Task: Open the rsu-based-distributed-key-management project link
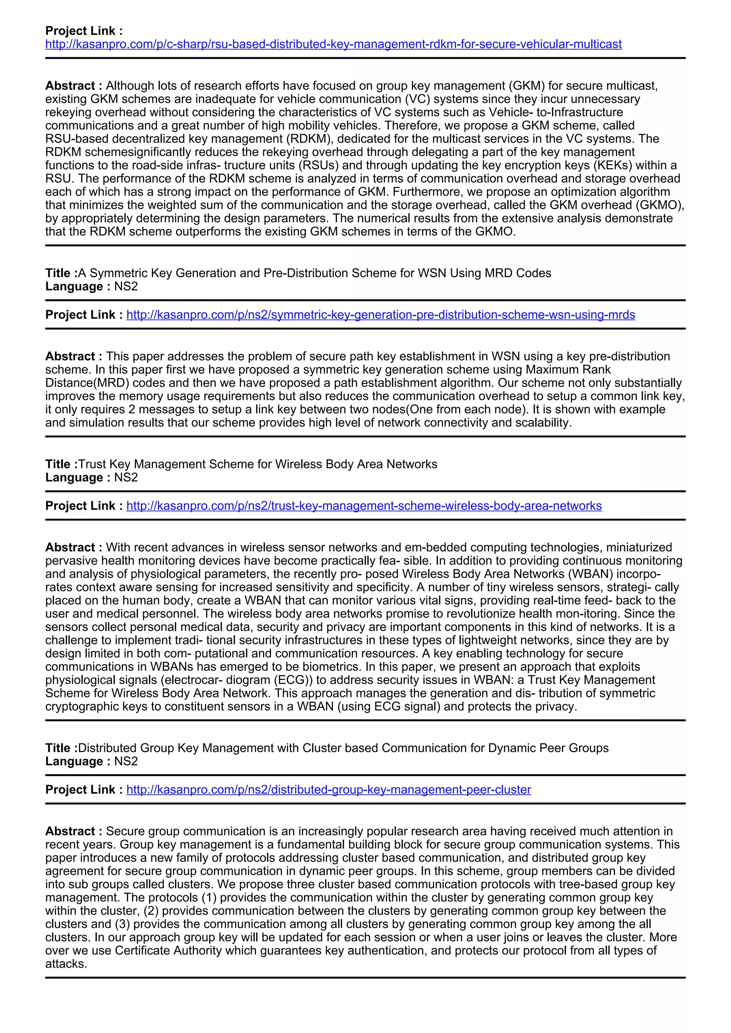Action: point(333,44)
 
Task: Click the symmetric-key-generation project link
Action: point(380,315)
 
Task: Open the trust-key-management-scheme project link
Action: point(364,506)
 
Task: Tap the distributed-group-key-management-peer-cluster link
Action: point(329,790)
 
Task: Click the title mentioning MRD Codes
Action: point(314,273)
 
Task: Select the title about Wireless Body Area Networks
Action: point(257,464)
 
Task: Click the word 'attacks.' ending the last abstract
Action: point(66,964)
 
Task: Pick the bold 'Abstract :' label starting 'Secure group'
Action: point(74,831)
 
